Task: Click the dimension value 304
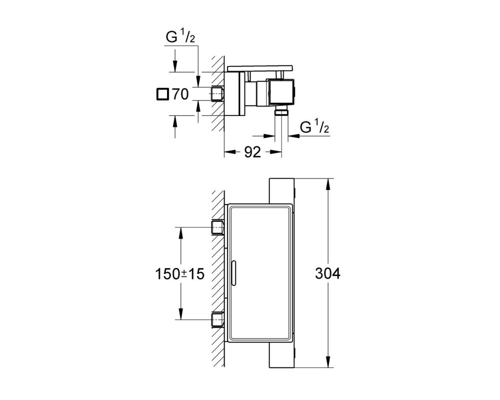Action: [x=327, y=273]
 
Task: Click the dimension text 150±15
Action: [x=179, y=273]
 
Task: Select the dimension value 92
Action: [x=252, y=152]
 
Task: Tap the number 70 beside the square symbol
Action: [x=180, y=94]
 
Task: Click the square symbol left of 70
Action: [x=162, y=94]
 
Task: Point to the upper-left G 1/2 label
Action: [x=180, y=37]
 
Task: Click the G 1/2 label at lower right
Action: [x=314, y=127]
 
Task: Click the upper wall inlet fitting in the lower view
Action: [x=218, y=227]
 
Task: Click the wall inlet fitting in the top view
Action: [x=218, y=94]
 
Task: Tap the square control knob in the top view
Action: [x=282, y=91]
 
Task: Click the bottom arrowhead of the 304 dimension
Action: [x=328, y=361]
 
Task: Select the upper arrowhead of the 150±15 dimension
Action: [x=180, y=233]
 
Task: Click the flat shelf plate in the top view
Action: [x=260, y=68]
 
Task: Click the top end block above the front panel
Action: [x=282, y=190]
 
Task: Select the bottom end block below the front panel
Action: [x=282, y=355]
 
